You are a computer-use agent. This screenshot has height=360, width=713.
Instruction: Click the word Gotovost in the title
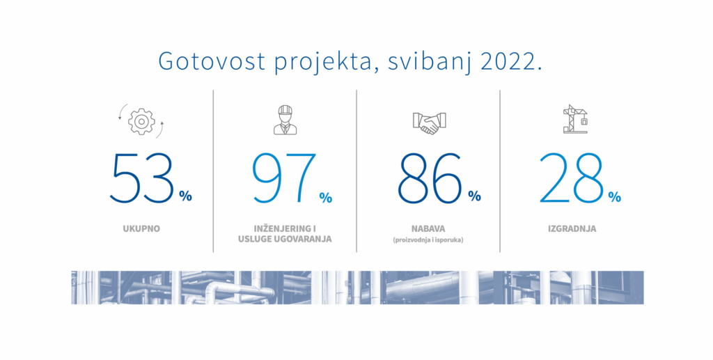pyautogui.click(x=212, y=61)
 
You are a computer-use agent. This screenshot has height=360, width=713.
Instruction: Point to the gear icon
pyautogui.click(x=141, y=121)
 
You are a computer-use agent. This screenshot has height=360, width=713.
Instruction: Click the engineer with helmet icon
pyautogui.click(x=285, y=120)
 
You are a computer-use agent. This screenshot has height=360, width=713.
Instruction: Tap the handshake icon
pyautogui.click(x=429, y=123)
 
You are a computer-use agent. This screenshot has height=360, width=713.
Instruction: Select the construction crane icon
pyautogui.click(x=575, y=119)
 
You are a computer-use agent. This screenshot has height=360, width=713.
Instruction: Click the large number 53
pyautogui.click(x=142, y=179)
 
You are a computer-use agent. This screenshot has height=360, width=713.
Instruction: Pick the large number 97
pyautogui.click(x=284, y=179)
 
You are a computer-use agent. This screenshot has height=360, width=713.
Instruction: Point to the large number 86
pyautogui.click(x=430, y=179)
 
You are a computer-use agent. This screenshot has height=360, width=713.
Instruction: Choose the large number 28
pyautogui.click(x=571, y=179)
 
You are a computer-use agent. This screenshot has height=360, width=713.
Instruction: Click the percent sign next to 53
pyautogui.click(x=185, y=196)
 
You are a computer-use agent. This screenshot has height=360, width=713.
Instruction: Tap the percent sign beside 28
pyautogui.click(x=614, y=196)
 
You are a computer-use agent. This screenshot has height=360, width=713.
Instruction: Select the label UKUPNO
pyautogui.click(x=141, y=228)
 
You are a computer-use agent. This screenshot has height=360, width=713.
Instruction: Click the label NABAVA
pyautogui.click(x=428, y=228)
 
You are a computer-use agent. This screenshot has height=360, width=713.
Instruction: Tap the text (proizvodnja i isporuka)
pyautogui.click(x=428, y=240)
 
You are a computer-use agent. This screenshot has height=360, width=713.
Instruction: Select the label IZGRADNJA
pyautogui.click(x=572, y=228)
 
